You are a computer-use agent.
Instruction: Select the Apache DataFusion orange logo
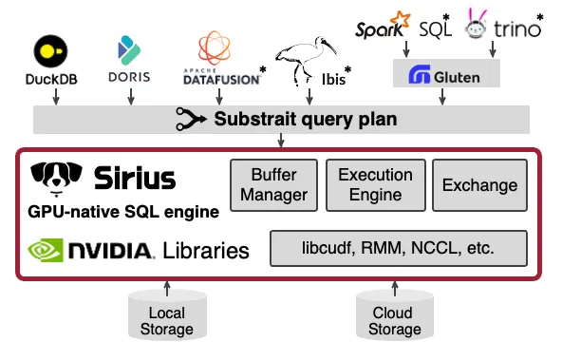(x=215, y=47)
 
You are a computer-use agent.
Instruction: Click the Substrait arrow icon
(x=191, y=120)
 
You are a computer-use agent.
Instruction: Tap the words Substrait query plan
(x=304, y=120)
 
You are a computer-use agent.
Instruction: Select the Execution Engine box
(x=375, y=185)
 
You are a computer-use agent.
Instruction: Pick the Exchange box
(x=479, y=186)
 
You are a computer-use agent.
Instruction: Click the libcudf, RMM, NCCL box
(x=398, y=250)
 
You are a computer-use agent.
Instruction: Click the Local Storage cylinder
(x=168, y=317)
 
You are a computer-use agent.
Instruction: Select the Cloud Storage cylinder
(x=392, y=317)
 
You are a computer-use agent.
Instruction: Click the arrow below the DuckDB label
(x=55, y=96)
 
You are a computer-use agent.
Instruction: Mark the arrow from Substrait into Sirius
(x=281, y=142)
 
